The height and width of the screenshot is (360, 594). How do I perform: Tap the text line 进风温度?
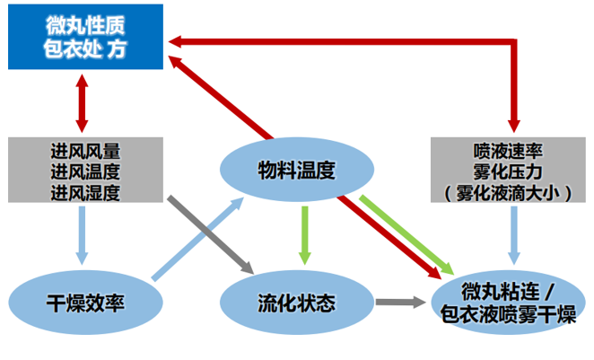tap(86, 171)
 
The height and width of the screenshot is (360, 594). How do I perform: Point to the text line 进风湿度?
tap(86, 191)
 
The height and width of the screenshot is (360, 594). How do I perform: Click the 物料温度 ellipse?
tap(295, 169)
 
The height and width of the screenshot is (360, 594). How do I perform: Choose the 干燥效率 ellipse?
tap(86, 302)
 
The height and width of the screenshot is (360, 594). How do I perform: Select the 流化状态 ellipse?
tap(295, 302)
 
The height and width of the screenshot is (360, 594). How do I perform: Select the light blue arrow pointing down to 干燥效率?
tap(83, 235)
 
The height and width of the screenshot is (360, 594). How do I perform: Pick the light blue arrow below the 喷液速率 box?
tap(515, 235)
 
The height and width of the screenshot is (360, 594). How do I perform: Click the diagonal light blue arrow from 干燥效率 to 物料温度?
tap(199, 238)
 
